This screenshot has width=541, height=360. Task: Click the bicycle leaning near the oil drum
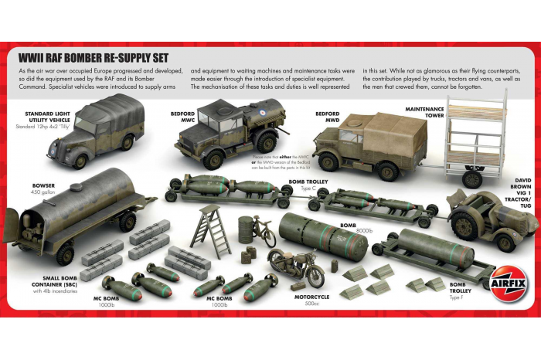264,231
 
